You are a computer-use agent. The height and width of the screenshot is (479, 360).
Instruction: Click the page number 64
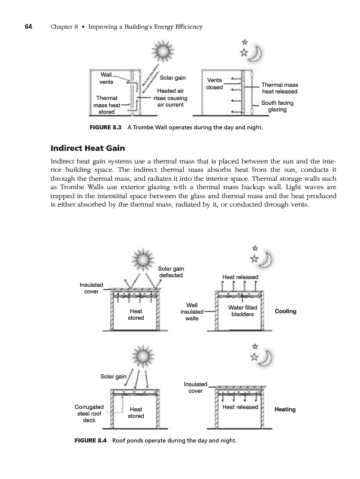click(x=28, y=27)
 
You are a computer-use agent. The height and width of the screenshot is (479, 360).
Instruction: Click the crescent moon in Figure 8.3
click(x=256, y=54)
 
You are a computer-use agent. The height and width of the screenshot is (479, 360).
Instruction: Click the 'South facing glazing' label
click(x=277, y=106)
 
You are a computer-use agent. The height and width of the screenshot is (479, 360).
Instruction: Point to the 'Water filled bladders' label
click(x=243, y=311)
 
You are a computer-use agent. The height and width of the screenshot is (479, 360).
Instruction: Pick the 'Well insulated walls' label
click(x=192, y=312)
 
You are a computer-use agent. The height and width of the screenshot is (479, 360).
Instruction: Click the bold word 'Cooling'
click(x=285, y=311)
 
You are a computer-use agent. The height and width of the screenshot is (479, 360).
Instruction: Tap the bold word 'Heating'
click(x=285, y=410)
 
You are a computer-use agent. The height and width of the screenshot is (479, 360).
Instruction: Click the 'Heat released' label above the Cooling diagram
click(x=240, y=277)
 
